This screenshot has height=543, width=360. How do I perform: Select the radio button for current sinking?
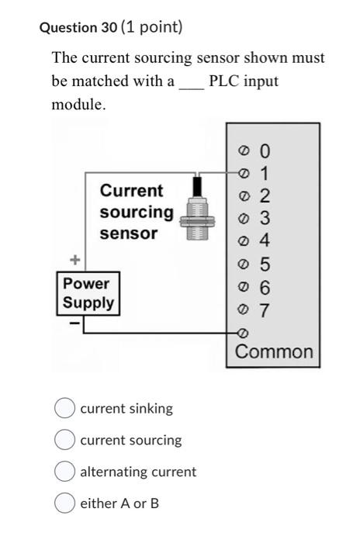[65, 408]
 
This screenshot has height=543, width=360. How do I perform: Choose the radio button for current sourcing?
[65, 440]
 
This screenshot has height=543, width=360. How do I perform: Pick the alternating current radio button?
[65, 472]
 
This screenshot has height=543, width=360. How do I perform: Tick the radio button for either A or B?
[65, 503]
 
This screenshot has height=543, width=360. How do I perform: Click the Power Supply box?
[88, 293]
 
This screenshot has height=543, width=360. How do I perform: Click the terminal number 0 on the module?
[266, 150]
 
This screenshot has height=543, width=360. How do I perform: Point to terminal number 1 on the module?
[266, 172]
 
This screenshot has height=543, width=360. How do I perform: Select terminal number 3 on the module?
[266, 217]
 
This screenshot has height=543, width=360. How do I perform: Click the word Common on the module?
[274, 352]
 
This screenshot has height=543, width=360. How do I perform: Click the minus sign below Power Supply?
[74, 323]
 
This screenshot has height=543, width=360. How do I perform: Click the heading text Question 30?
[78, 28]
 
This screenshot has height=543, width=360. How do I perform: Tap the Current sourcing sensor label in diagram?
[136, 212]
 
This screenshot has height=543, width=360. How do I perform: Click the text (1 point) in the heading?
[152, 28]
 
